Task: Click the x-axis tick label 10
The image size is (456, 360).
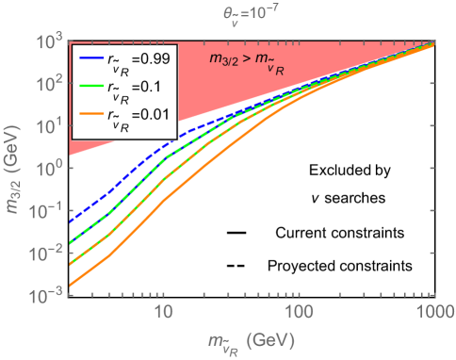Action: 162,310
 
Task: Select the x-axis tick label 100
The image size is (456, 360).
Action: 298,310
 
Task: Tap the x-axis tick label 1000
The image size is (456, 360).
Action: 432,310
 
